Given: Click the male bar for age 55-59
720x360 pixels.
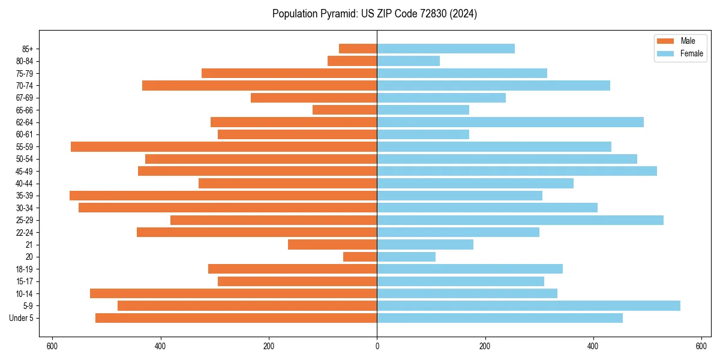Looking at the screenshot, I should [x=224, y=146].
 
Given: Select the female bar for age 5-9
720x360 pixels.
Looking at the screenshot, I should [x=529, y=305].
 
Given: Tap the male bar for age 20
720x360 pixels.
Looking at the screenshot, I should [x=360, y=257].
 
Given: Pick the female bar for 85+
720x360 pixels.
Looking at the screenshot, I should [x=446, y=49].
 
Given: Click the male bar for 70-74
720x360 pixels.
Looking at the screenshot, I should [x=259, y=85].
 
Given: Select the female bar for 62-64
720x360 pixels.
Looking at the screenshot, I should [x=510, y=122].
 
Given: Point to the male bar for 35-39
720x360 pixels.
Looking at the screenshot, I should [x=223, y=196].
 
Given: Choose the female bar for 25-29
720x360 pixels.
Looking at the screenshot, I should [x=520, y=220].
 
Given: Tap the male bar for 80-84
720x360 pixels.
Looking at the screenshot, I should [x=352, y=61].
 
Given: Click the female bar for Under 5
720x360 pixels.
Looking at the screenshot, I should [x=500, y=318].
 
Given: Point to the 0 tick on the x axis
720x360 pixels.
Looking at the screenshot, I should [x=377, y=346].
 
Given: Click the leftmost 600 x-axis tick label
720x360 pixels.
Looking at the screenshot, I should [x=52, y=346].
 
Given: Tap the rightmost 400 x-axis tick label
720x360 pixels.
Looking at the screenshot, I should [x=593, y=346].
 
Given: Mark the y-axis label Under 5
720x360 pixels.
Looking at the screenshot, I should [x=22, y=318].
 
